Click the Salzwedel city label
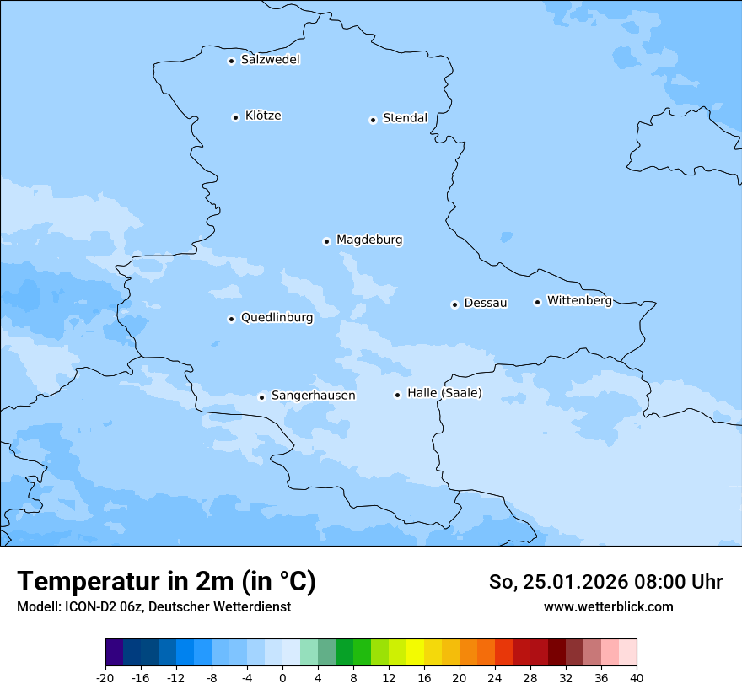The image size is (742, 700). point(270,60)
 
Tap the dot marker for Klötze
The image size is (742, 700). point(235,117)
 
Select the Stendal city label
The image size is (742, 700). point(405,118)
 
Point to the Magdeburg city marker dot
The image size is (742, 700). point(326,241)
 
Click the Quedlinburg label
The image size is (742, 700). point(277,318)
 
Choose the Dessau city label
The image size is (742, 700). point(486,303)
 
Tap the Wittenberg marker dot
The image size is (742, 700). point(537,302)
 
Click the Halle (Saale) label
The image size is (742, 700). point(444,393)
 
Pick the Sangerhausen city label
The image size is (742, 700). point(313,396)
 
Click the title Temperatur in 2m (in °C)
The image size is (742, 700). point(166,582)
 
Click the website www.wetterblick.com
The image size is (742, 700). point(608,606)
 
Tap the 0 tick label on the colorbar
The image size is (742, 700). point(282,678)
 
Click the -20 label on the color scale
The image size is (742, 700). point(105,678)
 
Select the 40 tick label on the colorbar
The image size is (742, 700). point(637,678)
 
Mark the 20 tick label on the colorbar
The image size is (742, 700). point(460,678)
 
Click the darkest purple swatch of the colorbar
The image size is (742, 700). point(114,653)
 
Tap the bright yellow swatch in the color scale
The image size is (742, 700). point(415,653)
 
